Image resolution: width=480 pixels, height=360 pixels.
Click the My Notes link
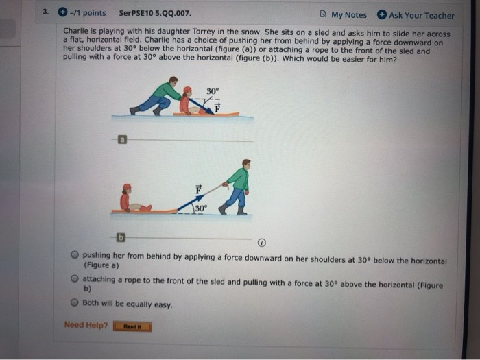[348, 15]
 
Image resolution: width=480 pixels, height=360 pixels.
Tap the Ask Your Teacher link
[421, 15]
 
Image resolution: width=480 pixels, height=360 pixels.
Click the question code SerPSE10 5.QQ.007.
[155, 13]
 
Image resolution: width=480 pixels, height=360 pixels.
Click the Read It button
[132, 326]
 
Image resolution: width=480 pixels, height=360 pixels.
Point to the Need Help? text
[86, 325]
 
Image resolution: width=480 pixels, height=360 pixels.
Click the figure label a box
[122, 140]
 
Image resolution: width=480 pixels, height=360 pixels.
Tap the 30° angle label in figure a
[212, 91]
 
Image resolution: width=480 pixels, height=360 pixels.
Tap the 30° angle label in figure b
[200, 208]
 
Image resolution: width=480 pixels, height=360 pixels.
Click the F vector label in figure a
[217, 107]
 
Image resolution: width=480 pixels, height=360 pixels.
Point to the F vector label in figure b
[199, 189]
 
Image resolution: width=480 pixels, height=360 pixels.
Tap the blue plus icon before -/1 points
[62, 13]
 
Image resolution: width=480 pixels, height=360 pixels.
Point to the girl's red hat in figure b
[126, 187]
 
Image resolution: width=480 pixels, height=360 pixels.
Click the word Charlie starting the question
[75, 33]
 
